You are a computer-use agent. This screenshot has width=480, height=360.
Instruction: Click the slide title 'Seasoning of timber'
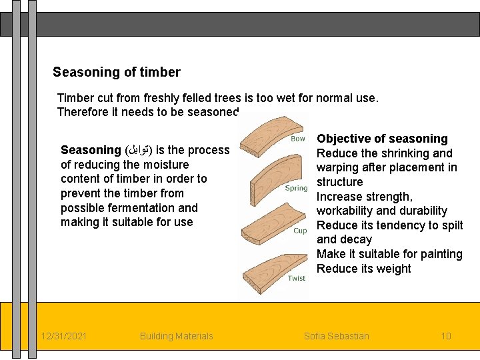click(116, 72)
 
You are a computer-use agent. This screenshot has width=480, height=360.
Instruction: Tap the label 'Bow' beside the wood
click(297, 139)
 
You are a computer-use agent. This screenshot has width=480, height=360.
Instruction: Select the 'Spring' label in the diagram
click(296, 188)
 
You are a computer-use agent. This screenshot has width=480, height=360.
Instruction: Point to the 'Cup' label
click(300, 231)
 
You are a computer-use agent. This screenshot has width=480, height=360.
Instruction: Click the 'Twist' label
click(297, 278)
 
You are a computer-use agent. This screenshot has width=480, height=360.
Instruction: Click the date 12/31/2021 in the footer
click(63, 336)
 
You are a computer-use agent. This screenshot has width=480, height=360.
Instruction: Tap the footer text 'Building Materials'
click(176, 336)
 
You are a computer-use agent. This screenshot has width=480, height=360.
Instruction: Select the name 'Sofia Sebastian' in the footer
click(336, 336)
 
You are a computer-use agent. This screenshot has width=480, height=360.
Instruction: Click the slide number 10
click(446, 336)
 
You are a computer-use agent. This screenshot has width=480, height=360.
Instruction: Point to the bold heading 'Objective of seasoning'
click(382, 139)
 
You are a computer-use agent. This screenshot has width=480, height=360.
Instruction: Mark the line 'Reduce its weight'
click(363, 269)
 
